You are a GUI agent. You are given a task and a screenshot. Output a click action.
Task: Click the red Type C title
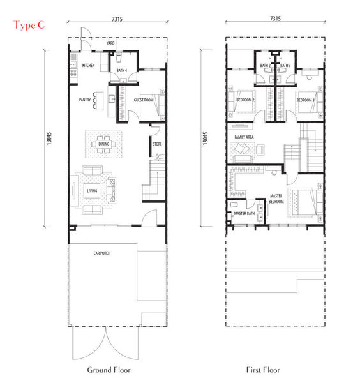(x=29, y=26)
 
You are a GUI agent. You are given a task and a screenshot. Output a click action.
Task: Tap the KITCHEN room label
(x=89, y=66)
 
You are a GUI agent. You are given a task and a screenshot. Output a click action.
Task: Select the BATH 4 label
(x=122, y=71)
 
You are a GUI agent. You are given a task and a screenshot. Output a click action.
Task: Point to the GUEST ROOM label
(x=144, y=100)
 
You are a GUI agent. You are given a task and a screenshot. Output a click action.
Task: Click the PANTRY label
(x=85, y=100)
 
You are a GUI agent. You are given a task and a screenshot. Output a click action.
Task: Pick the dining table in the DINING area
(x=104, y=144)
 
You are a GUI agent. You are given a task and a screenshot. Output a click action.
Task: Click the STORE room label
(x=157, y=144)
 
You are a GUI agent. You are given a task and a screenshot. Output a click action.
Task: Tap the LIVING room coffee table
(x=92, y=190)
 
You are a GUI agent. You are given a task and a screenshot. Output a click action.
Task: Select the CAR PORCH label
(x=102, y=253)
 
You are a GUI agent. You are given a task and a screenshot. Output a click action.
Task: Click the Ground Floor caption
(x=109, y=370)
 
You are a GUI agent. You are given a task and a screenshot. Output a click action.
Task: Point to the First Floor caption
(x=263, y=370)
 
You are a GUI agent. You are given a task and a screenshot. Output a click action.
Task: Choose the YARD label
(x=110, y=43)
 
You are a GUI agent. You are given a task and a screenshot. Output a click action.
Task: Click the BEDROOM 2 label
(x=245, y=100)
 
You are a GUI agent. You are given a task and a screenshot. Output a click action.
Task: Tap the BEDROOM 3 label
(x=306, y=100)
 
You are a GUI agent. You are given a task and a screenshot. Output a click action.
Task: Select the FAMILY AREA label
(x=244, y=137)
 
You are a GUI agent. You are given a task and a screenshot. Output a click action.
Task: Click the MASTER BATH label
(x=244, y=213)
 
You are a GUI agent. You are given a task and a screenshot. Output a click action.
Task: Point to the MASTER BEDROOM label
(x=276, y=199)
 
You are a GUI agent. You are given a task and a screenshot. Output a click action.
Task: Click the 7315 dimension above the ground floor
(x=117, y=19)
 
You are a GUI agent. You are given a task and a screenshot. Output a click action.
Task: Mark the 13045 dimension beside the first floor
(x=205, y=139)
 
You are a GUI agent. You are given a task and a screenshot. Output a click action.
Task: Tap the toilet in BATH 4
(x=119, y=57)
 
